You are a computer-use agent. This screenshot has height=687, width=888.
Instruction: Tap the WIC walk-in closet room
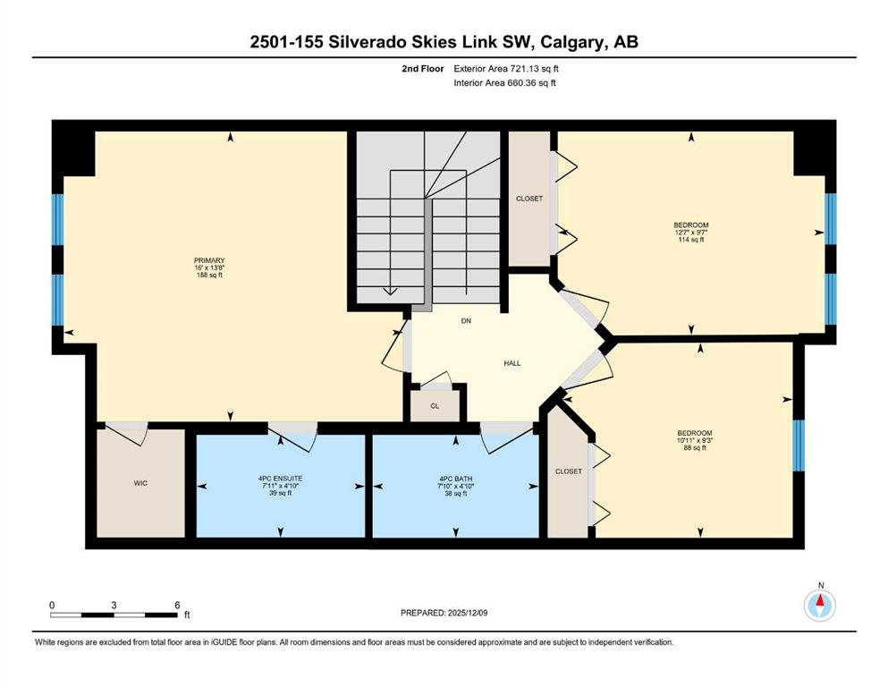pyautogui.click(x=140, y=483)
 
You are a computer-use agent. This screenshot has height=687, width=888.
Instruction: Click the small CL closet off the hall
pyautogui.click(x=435, y=405)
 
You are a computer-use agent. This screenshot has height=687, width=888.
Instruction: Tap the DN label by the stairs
pyautogui.click(x=466, y=320)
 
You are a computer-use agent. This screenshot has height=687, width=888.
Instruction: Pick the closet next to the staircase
pyautogui.click(x=529, y=199)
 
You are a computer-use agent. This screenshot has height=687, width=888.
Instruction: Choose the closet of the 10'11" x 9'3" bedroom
pyautogui.click(x=568, y=471)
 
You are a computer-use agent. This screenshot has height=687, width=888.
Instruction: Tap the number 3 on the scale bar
pyautogui.click(x=114, y=605)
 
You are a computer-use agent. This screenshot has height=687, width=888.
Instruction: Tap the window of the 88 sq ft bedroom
pyautogui.click(x=799, y=445)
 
